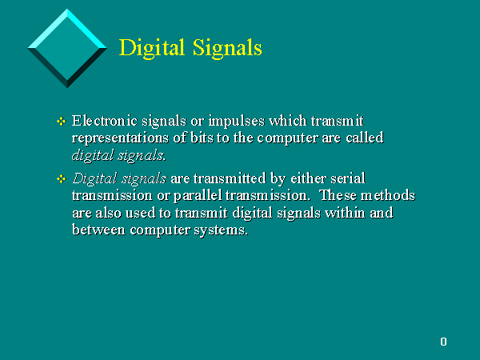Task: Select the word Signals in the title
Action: pyautogui.click(x=227, y=48)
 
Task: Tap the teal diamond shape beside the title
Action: pyautogui.click(x=67, y=48)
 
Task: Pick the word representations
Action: pyautogui.click(x=120, y=138)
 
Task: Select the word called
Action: pyautogui.click(x=365, y=138)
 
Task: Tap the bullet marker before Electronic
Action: pyautogui.click(x=62, y=122)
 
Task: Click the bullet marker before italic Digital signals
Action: pyautogui.click(x=62, y=178)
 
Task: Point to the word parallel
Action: pyautogui.click(x=198, y=196)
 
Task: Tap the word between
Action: pyautogui.click(x=98, y=230)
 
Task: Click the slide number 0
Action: pyautogui.click(x=443, y=342)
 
